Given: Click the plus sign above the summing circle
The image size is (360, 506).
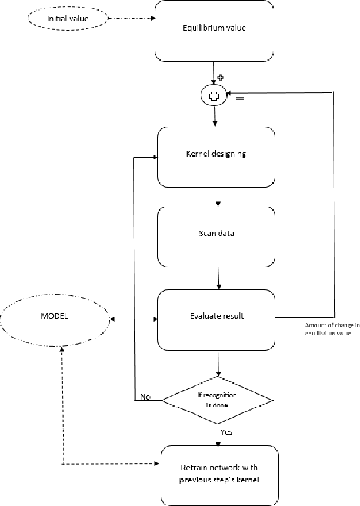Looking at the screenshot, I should point(222,78).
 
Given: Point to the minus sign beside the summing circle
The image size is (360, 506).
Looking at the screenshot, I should point(239,99).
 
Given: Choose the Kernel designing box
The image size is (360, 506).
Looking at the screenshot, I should point(216,154).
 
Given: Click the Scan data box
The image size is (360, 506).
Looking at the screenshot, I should point(216,234).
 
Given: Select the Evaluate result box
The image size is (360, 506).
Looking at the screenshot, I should point(216,317).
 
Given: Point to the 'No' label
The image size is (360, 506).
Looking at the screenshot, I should point(145,397).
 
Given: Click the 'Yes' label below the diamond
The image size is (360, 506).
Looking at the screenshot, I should point(226,432).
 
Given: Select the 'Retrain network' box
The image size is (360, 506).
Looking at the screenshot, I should point(219,475).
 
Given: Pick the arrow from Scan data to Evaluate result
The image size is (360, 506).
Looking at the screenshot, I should point(218,277).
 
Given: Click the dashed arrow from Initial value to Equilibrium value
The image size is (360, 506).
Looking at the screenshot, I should point(132,18).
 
